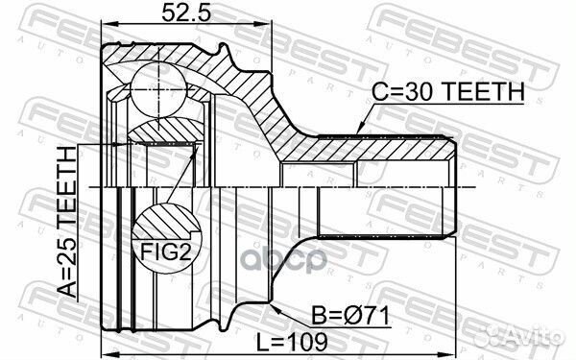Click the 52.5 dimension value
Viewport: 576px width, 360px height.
(186, 12)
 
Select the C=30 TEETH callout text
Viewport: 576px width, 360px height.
(447, 91)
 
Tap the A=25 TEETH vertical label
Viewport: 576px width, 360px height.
(67, 222)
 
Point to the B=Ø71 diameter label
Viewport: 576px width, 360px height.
(350, 316)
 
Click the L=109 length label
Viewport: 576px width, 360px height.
(291, 343)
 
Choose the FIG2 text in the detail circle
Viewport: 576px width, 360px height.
(166, 252)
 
